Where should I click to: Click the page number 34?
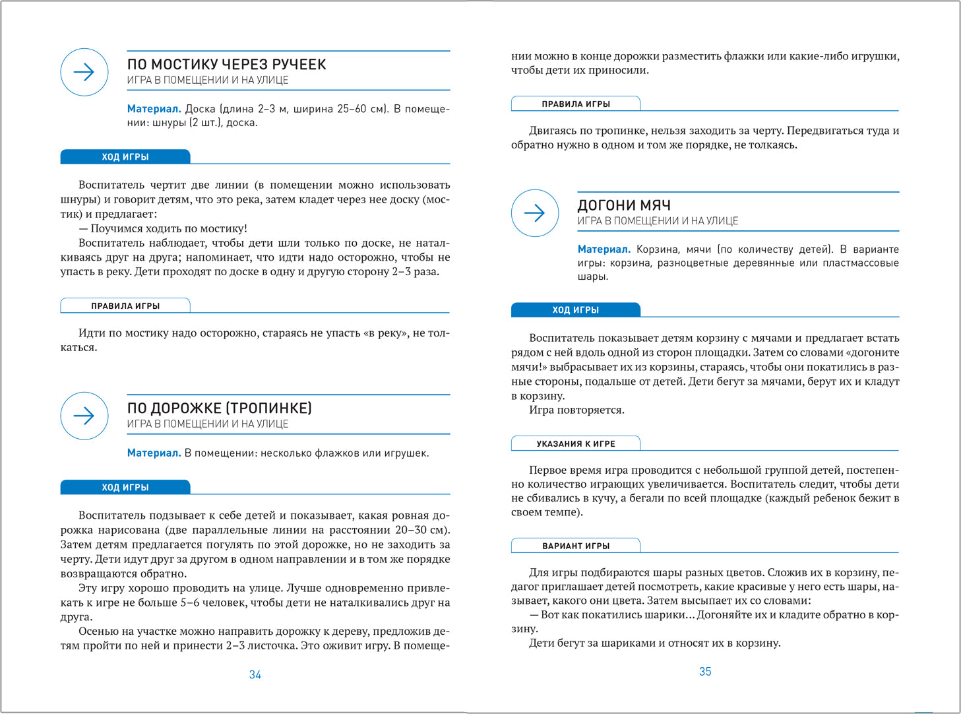coord(255,674)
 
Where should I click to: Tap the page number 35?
coord(705,671)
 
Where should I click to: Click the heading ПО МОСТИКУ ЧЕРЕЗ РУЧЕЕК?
coord(226,64)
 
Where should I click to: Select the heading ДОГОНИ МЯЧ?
coord(624,205)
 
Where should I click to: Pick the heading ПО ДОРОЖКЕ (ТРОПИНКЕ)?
coord(219,408)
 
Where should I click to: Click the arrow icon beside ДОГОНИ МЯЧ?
coord(535,212)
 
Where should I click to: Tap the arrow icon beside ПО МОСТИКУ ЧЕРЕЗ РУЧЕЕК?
coord(84,72)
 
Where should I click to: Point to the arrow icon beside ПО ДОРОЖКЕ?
coord(84,416)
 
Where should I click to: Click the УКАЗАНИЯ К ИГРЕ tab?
coord(576,443)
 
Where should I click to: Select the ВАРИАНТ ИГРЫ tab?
coord(576,546)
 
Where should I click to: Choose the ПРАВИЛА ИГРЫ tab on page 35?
coord(576,104)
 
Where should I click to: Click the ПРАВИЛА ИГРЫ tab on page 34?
coord(125,306)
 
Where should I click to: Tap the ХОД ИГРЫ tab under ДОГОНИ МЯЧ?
coord(576,309)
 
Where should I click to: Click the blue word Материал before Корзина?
coord(604,249)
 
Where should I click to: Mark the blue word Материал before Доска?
coord(154,109)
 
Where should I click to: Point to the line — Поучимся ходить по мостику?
coord(163,228)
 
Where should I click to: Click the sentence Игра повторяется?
coord(576,410)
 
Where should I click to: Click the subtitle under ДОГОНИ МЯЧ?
coord(658,221)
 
